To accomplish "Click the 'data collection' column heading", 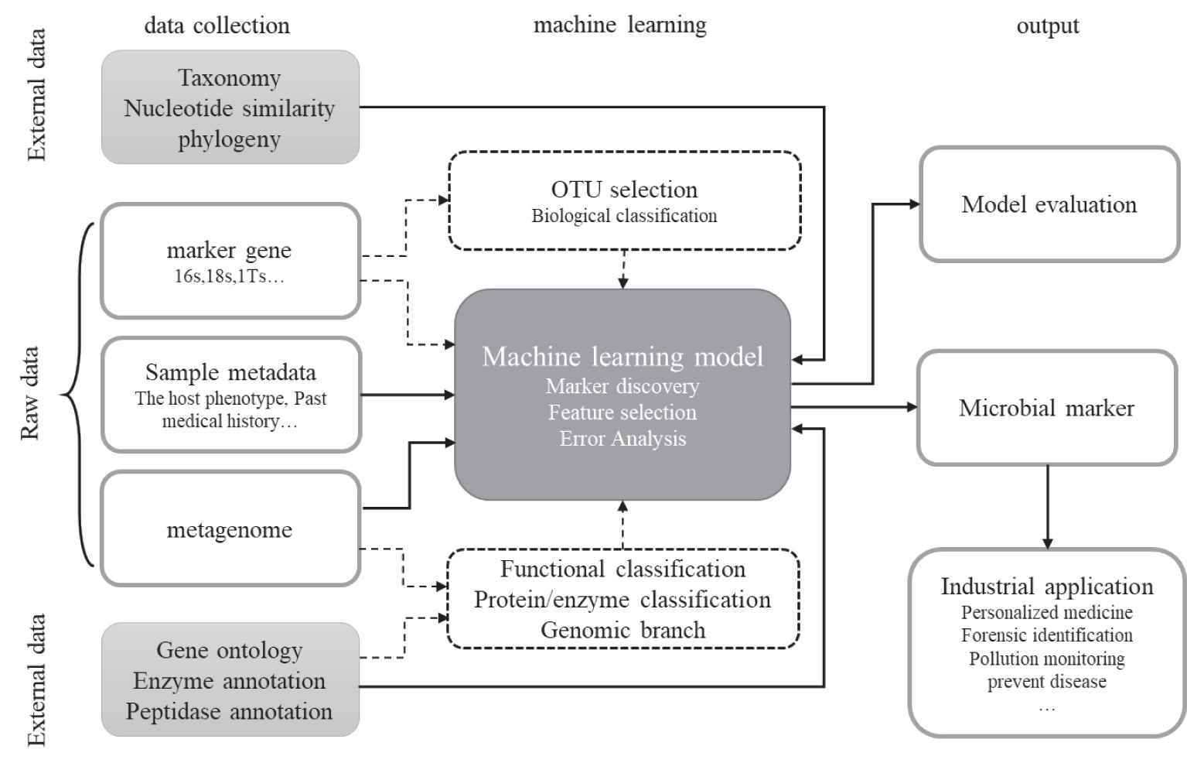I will (x=217, y=26).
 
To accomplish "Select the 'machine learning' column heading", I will (x=619, y=25).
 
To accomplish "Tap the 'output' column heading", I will (x=1047, y=26).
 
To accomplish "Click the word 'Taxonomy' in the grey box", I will (x=230, y=78).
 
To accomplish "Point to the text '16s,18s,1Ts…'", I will (x=229, y=276).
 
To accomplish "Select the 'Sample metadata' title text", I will (x=230, y=372).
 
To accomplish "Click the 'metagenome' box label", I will (x=230, y=530).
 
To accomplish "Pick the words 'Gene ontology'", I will (x=230, y=650).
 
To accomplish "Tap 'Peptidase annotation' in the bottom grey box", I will (x=230, y=711).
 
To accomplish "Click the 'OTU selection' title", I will (x=624, y=190).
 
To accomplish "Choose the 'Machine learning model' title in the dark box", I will (x=622, y=357).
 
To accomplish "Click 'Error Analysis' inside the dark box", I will (x=622, y=439).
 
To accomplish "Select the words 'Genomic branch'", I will (x=622, y=630).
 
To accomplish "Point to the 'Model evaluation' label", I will (x=1049, y=204).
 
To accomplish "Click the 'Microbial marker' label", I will (x=1046, y=408).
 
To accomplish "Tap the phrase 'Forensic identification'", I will (x=1046, y=635).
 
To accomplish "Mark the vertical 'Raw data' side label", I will (x=30, y=394).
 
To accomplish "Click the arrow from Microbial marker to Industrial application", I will (x=1047, y=507).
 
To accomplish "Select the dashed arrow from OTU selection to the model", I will (x=623, y=269).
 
